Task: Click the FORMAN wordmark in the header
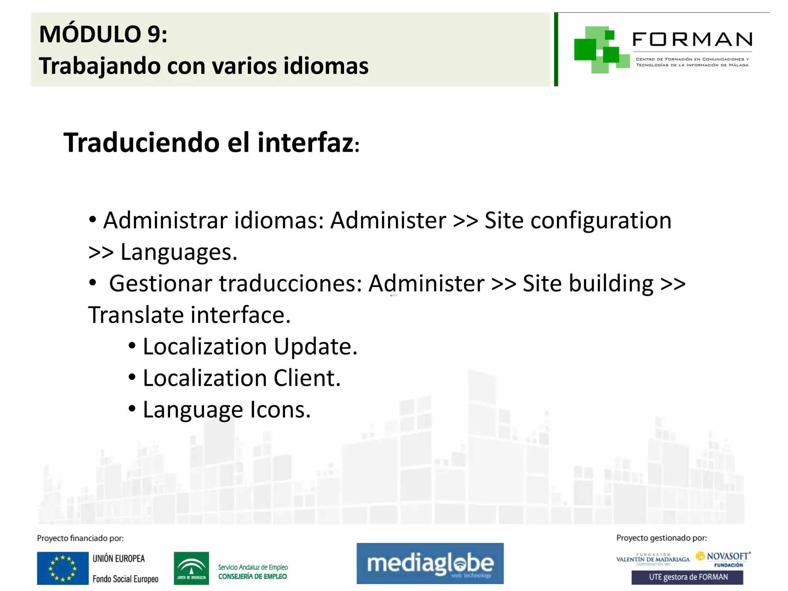(x=692, y=40)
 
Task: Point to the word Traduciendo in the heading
(x=142, y=143)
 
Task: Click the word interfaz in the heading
(x=306, y=143)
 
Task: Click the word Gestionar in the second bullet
(x=160, y=284)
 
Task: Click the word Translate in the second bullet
(x=136, y=315)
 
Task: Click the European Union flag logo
(x=63, y=568)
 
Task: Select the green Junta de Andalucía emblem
(x=191, y=568)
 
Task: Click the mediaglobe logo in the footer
(x=430, y=564)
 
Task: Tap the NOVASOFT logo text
(x=727, y=556)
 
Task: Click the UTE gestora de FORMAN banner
(x=687, y=577)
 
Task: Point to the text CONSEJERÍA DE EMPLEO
(x=252, y=576)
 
